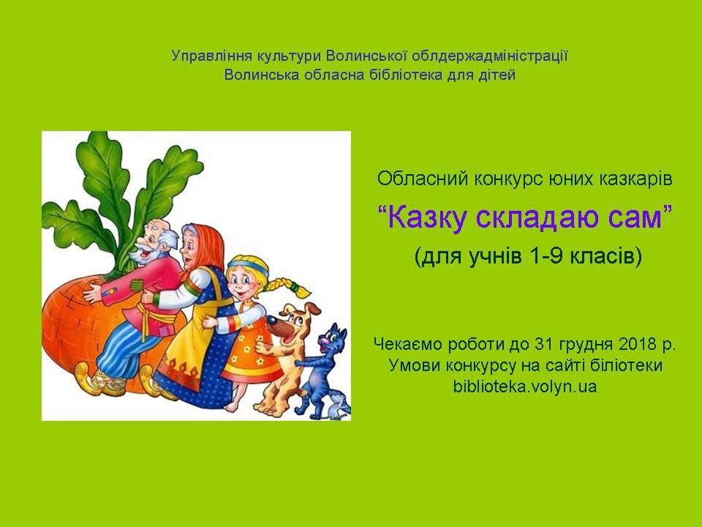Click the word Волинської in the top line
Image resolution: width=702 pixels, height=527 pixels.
point(366,56)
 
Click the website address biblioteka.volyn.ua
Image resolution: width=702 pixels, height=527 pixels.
point(525,386)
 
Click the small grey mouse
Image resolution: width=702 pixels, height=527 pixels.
point(339,408)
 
